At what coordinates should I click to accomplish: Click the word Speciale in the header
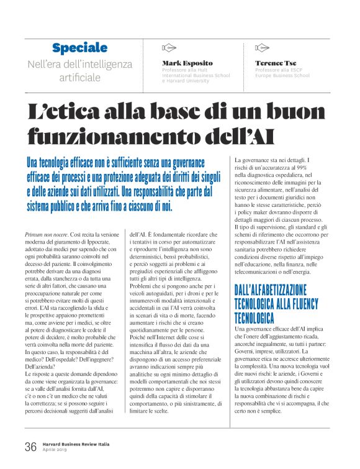(80, 48)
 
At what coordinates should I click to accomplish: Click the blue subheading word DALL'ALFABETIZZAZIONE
(276, 289)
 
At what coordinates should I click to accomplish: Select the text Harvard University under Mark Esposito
(187, 81)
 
